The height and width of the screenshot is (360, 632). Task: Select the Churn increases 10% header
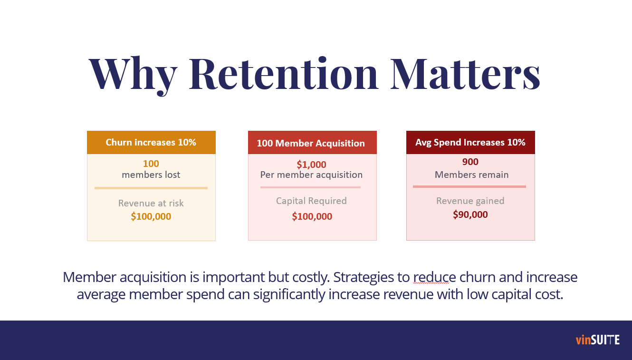coord(151,143)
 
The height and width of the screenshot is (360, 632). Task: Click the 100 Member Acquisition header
coord(311,143)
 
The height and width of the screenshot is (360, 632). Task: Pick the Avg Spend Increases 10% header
coord(470,143)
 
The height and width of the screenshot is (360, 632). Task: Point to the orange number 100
coord(151,164)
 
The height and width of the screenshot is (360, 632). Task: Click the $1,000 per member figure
coord(311,165)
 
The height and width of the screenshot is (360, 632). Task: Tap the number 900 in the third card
coord(470,162)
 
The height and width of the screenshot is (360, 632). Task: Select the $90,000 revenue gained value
coord(470,214)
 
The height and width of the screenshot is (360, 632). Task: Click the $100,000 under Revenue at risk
coord(151,216)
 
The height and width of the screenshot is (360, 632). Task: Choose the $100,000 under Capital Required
coord(312,216)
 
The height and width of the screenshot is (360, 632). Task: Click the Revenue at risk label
coord(151,203)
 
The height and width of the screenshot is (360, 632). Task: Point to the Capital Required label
coord(311,201)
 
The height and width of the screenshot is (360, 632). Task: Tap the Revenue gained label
coord(470,201)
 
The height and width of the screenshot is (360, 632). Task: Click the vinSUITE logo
coord(597,340)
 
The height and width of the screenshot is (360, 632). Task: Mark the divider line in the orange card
coord(151,188)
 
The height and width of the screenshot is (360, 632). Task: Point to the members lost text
coord(151,175)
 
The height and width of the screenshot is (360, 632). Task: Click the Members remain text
coord(471,175)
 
